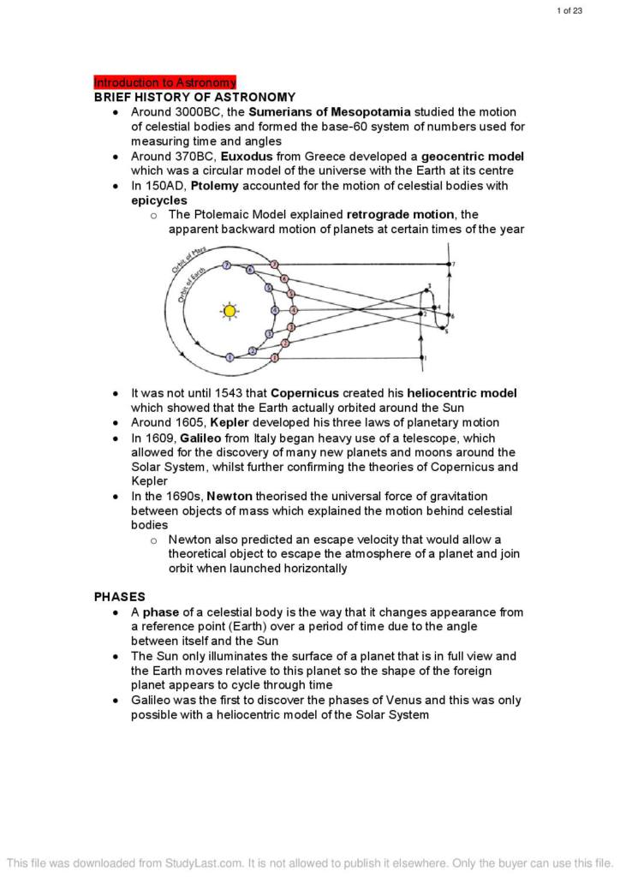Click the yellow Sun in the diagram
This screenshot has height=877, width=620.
pos(229,311)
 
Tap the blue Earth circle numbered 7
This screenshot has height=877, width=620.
pos(227,265)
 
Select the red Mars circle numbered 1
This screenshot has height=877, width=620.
pos(275,356)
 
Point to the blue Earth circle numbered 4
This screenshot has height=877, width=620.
pos(275,310)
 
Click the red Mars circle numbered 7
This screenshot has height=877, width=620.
pos(274,264)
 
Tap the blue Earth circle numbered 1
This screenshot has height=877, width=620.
pos(230,357)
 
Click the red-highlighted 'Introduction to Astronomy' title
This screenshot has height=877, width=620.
pos(164,83)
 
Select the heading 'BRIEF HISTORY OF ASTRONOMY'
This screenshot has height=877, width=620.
pos(194,98)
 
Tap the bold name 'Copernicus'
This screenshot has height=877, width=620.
pos(312,393)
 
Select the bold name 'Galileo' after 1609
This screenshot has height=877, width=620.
pos(202,438)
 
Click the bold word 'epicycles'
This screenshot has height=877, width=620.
pos(158,200)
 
